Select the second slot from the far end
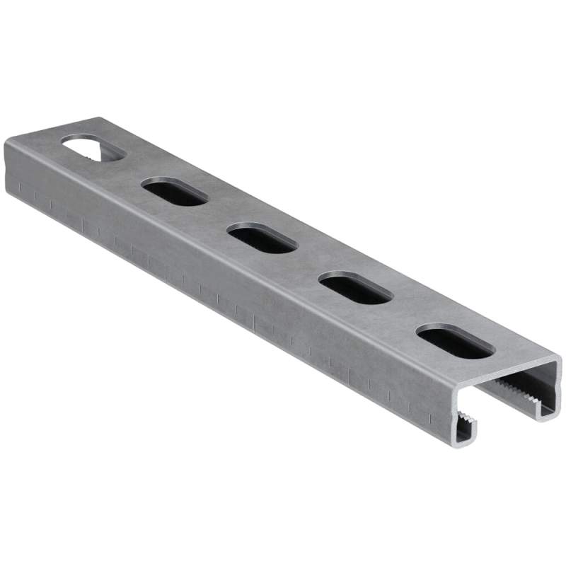coord(174,192)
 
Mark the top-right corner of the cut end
coord(559,365)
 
